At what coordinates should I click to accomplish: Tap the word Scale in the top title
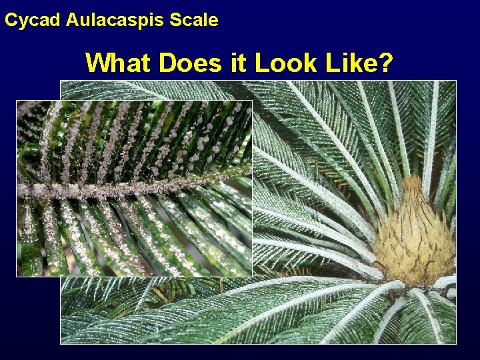pos(194,20)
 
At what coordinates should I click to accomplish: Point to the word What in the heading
pos(115,63)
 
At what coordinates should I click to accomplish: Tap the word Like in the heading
pos(350,63)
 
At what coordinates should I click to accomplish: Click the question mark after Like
pos(385,63)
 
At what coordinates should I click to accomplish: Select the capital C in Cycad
pos(11,20)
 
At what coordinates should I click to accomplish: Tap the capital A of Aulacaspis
pos(72,20)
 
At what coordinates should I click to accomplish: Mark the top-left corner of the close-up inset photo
pos(17,101)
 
